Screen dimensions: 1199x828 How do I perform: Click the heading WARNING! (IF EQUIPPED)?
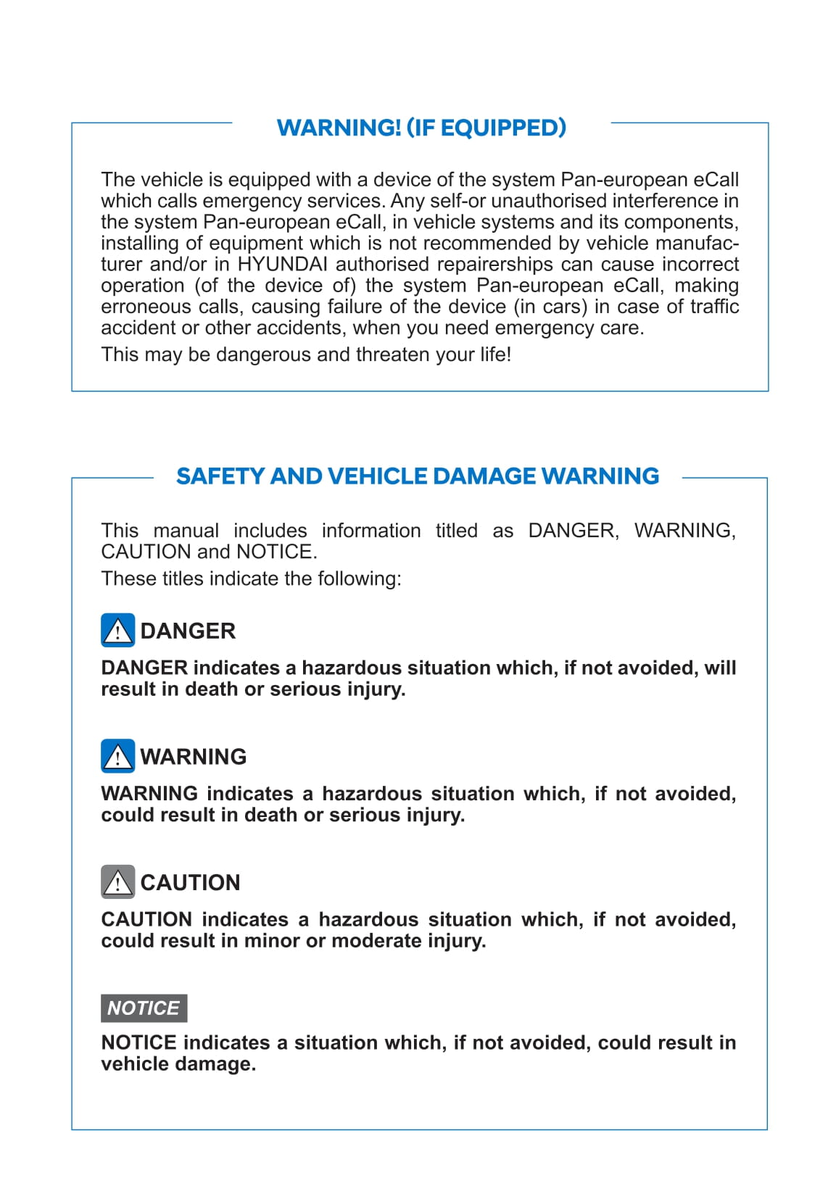tap(421, 128)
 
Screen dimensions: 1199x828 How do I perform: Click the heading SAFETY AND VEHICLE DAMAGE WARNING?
tap(418, 476)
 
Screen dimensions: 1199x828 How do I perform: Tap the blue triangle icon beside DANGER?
tap(117, 630)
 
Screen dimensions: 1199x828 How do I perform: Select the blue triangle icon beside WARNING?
tap(117, 756)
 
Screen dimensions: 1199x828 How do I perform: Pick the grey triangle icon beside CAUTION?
tap(117, 881)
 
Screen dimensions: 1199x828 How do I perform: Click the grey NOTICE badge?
tap(144, 1008)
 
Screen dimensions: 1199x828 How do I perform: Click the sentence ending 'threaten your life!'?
tap(306, 354)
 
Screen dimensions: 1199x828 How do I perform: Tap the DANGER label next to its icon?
tap(188, 631)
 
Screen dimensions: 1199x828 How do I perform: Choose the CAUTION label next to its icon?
tap(190, 882)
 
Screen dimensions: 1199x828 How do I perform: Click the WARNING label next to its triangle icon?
tap(194, 757)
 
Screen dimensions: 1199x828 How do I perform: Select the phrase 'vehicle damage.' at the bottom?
tap(178, 1064)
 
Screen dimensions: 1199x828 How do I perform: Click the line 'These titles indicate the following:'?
tap(251, 578)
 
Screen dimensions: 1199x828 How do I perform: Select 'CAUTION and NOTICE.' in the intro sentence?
tap(209, 552)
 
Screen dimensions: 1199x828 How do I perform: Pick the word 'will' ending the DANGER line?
tap(720, 668)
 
